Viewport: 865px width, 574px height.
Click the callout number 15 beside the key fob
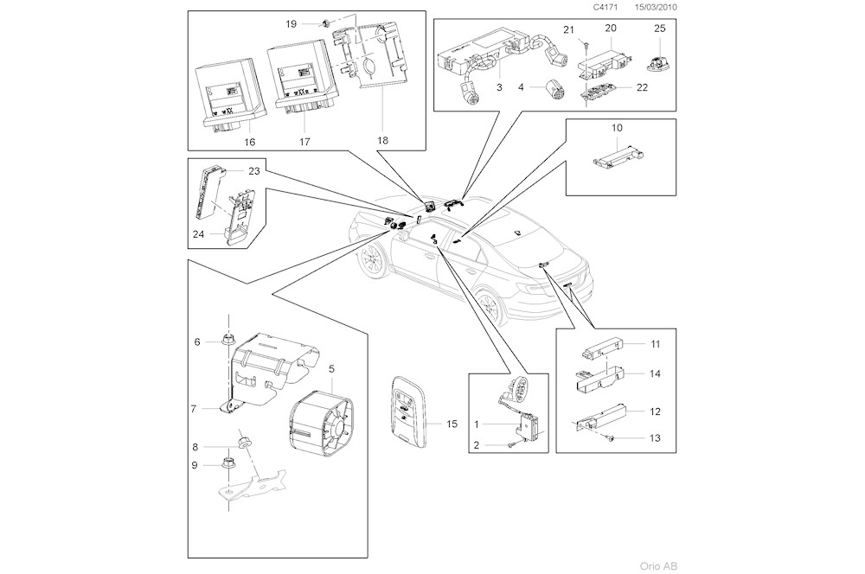pos(452,424)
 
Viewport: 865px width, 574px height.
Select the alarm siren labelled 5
pos(321,421)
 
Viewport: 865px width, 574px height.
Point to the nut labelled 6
pos(228,341)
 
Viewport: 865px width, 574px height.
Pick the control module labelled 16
pos(229,92)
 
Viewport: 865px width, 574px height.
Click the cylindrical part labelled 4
pos(554,87)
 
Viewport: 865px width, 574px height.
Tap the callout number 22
pos(641,87)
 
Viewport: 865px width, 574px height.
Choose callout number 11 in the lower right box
pos(655,344)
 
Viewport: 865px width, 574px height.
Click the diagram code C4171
pos(605,6)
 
